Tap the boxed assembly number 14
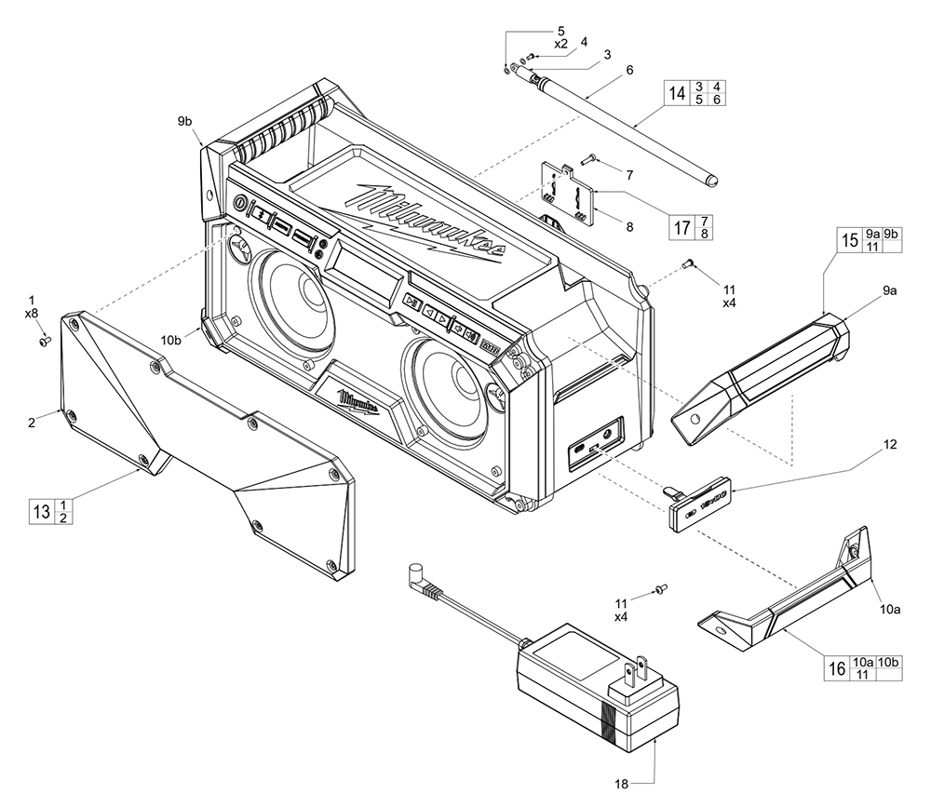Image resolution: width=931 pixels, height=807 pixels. pyautogui.click(x=677, y=93)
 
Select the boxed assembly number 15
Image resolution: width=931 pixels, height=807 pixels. pyautogui.click(x=849, y=240)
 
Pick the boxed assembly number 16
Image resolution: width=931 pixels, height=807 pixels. pyautogui.click(x=837, y=667)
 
